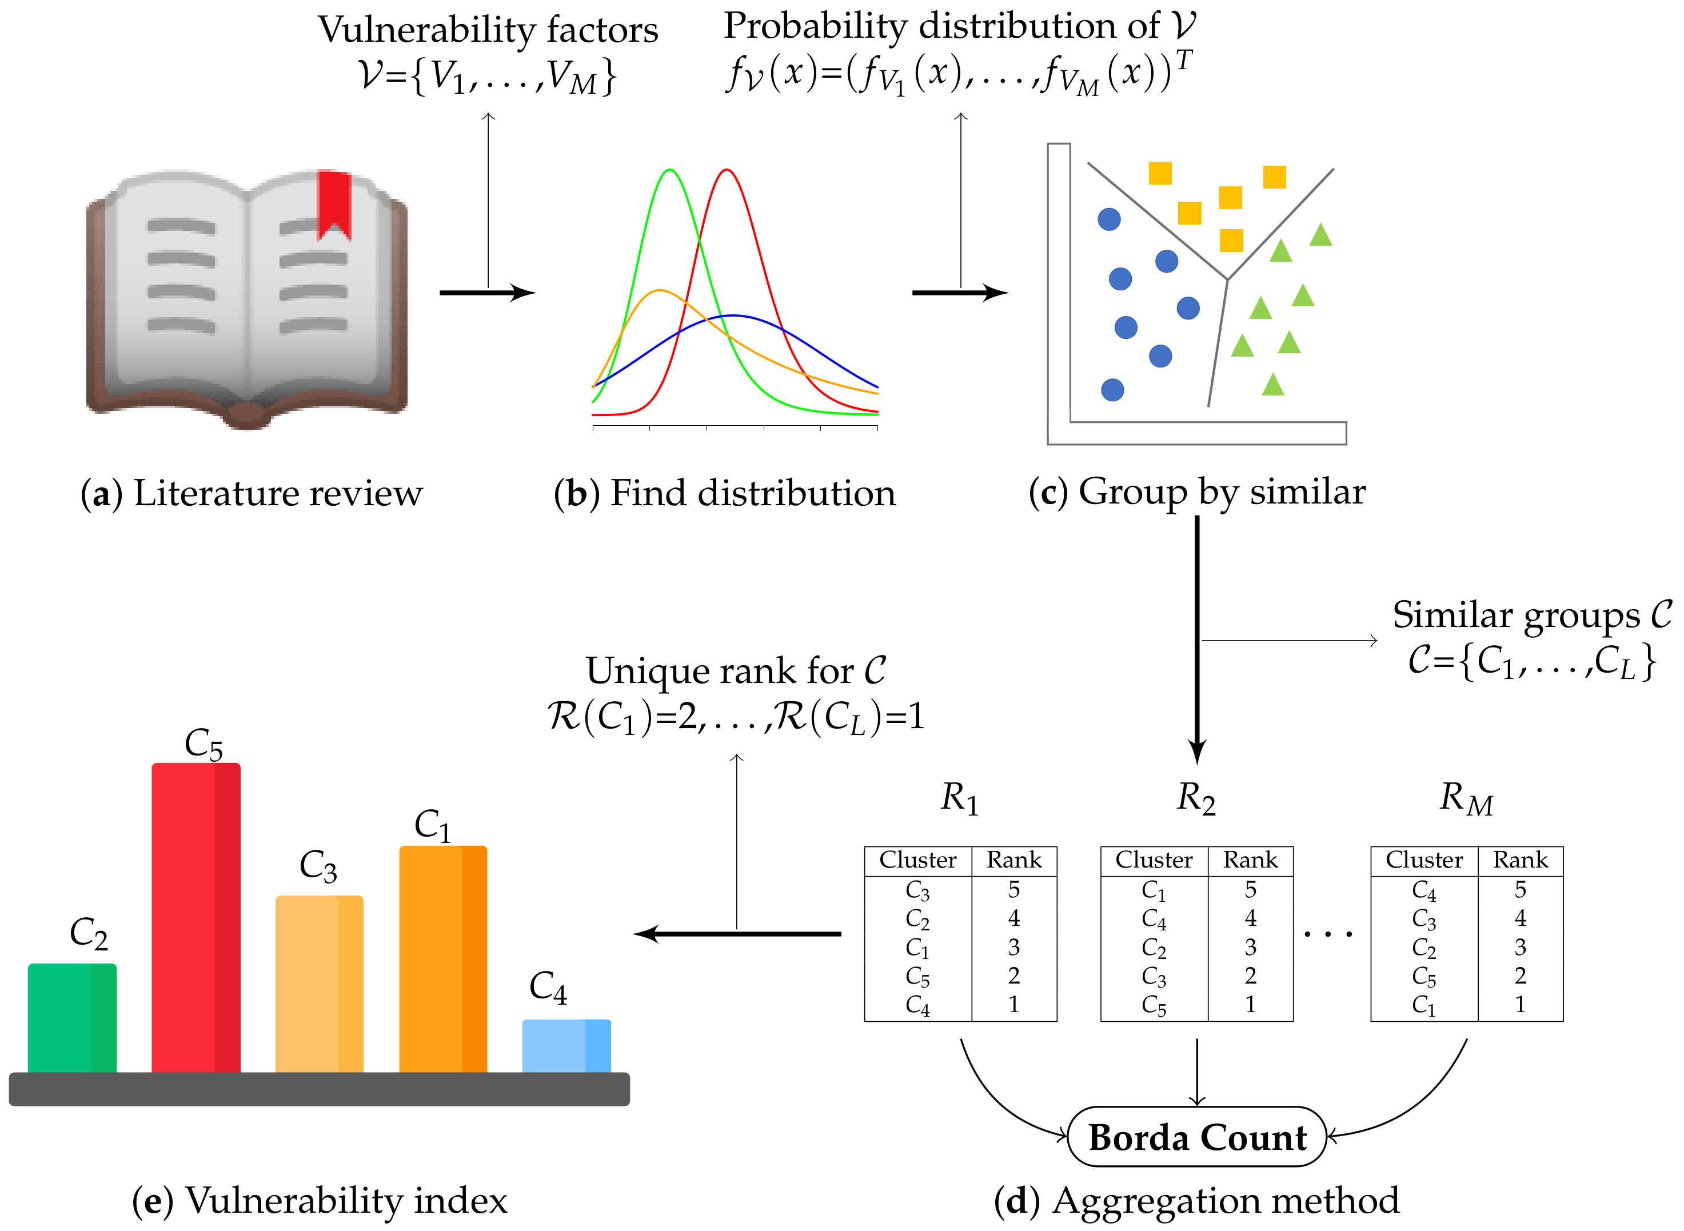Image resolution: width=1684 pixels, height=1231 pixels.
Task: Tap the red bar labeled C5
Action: [x=196, y=917]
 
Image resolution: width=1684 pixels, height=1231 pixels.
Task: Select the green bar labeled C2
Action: [x=72, y=1017]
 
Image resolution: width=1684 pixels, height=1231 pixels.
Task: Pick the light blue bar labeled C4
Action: [x=566, y=1045]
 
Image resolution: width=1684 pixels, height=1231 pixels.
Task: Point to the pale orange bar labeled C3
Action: [x=319, y=984]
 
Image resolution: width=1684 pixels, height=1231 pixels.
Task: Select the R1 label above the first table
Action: [x=960, y=799]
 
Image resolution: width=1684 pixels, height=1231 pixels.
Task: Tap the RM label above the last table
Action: [x=1466, y=799]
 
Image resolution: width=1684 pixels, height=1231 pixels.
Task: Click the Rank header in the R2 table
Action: [x=1250, y=861]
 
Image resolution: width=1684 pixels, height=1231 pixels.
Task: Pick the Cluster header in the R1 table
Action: [x=918, y=861]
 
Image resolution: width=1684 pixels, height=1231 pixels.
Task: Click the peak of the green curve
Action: [x=670, y=171]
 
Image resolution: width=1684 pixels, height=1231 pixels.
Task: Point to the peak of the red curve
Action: [x=727, y=171]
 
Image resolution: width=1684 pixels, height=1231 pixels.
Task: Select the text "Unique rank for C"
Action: [x=736, y=670]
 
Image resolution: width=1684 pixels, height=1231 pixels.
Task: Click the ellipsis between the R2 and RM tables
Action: [x=1328, y=933]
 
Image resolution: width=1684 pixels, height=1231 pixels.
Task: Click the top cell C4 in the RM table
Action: [x=1424, y=890]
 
